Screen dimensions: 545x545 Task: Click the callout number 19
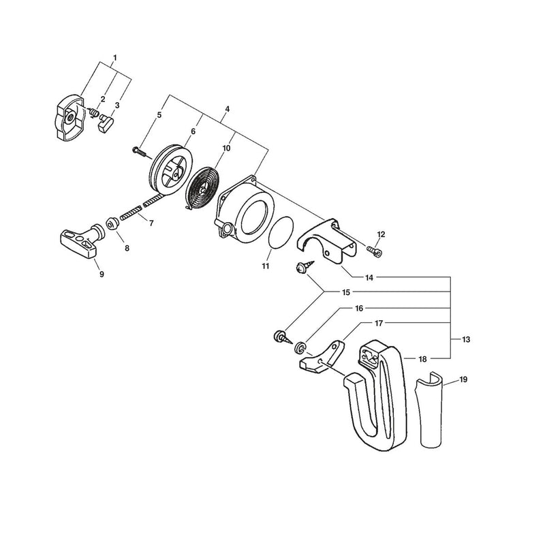(x=463, y=379)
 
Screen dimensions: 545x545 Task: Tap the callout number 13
(x=466, y=339)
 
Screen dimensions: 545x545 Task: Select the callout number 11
(x=266, y=266)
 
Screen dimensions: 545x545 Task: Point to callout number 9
(x=102, y=275)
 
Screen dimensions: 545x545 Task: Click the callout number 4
(x=228, y=109)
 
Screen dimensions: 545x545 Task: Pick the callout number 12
(x=381, y=234)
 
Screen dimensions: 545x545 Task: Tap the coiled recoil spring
(x=202, y=188)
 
